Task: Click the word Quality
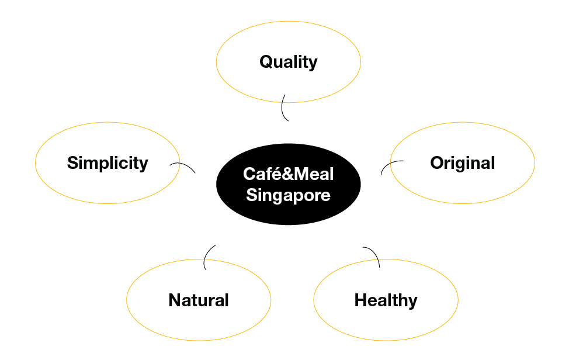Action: (x=289, y=62)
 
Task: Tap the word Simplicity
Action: (x=107, y=163)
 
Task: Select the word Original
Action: (x=463, y=163)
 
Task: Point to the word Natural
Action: (x=199, y=300)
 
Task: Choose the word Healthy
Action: (x=386, y=301)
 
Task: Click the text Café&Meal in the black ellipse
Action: (x=289, y=174)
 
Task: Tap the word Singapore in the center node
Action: (x=289, y=195)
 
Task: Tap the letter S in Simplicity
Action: (x=73, y=162)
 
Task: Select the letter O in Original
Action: (x=438, y=162)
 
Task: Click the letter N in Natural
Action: (x=175, y=300)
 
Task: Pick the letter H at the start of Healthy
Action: (x=361, y=300)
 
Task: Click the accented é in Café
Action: (x=275, y=174)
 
